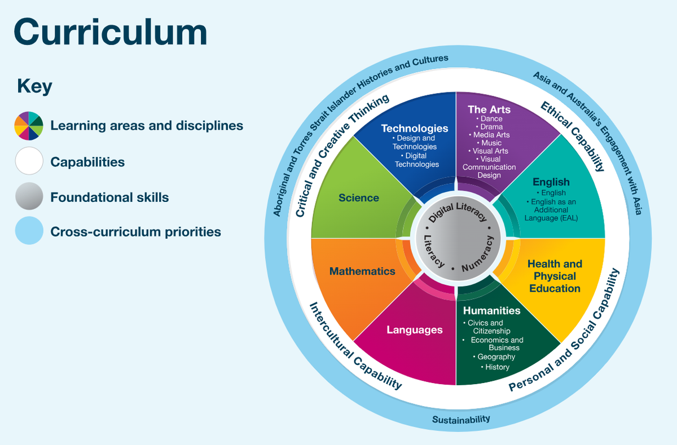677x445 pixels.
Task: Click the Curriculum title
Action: click(x=111, y=32)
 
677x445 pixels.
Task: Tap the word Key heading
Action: click(x=34, y=87)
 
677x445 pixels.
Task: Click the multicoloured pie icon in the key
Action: click(x=29, y=126)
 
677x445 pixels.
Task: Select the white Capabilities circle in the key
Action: click(x=29, y=161)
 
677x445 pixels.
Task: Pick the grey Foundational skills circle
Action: click(x=29, y=196)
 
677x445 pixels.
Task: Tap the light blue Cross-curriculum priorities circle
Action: click(x=29, y=231)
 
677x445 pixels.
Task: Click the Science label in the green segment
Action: click(x=359, y=197)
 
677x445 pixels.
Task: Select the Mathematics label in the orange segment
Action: click(x=362, y=271)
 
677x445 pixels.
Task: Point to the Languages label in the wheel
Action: click(x=414, y=329)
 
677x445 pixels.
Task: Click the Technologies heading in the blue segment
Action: click(x=414, y=129)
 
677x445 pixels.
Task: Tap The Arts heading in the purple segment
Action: click(x=489, y=109)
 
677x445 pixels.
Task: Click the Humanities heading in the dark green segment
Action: click(x=492, y=311)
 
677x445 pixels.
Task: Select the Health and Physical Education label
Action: click(x=555, y=276)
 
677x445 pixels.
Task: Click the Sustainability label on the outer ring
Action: click(x=461, y=419)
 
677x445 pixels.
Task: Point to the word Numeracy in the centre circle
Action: click(x=477, y=254)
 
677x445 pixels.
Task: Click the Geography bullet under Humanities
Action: click(x=494, y=357)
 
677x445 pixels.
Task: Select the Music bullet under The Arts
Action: click(x=489, y=143)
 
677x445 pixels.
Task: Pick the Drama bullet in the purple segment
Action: click(x=489, y=127)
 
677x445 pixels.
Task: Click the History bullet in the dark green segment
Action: click(x=495, y=367)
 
